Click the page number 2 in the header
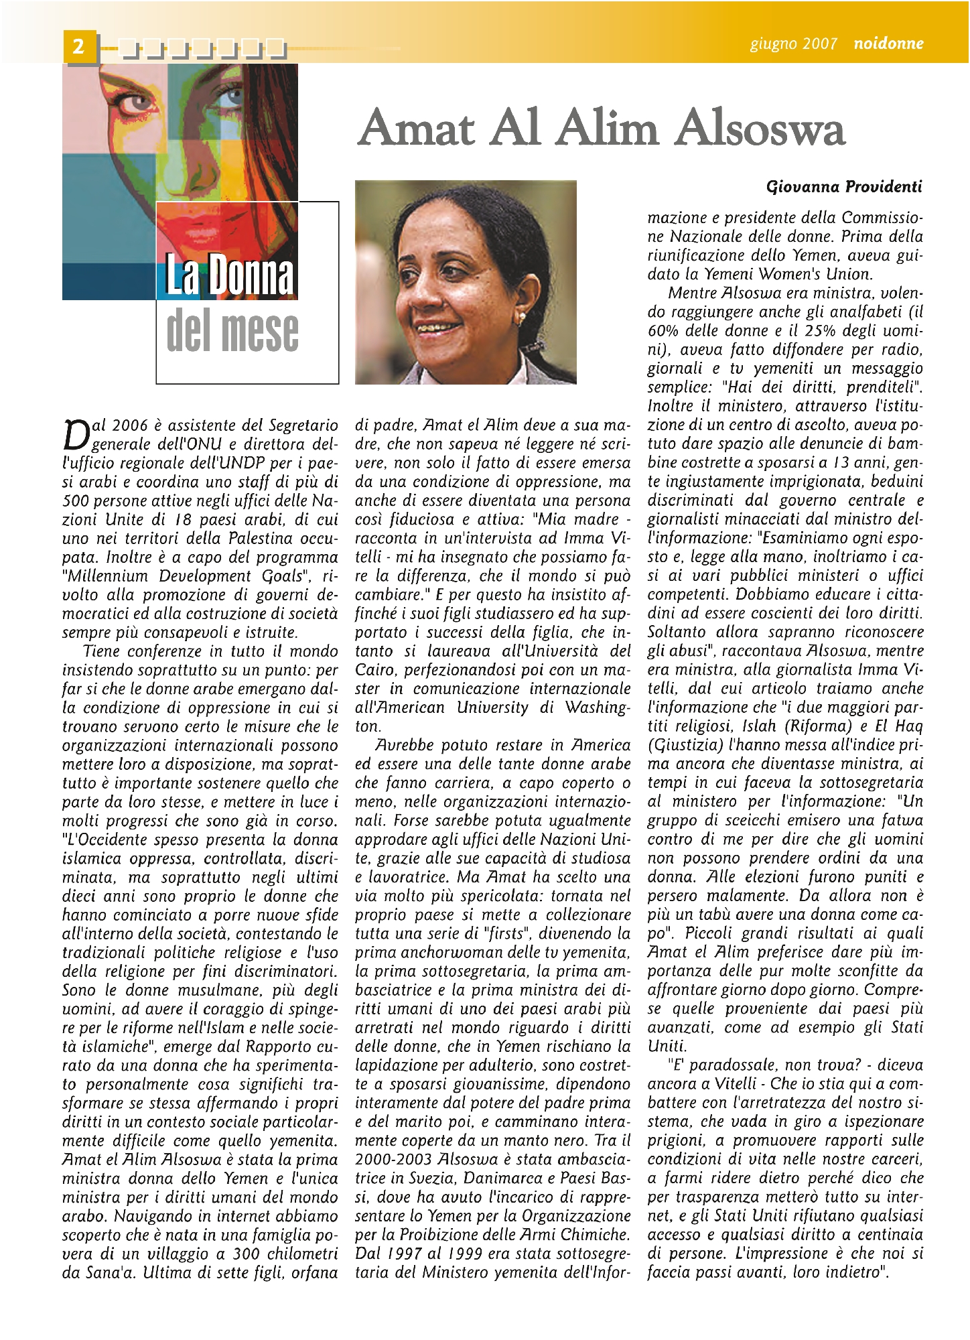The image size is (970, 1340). (x=79, y=46)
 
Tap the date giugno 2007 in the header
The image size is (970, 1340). (x=793, y=44)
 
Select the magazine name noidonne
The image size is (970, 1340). (x=888, y=44)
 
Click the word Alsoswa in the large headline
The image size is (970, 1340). (x=760, y=128)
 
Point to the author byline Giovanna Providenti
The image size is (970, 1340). (x=843, y=186)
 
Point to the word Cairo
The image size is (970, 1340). (x=374, y=670)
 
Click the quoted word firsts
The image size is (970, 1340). (x=500, y=933)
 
